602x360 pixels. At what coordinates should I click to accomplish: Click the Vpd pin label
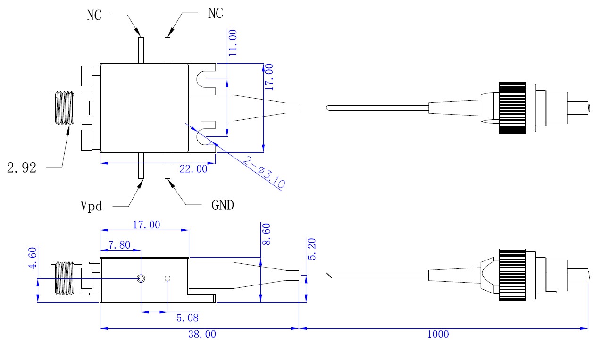pyautogui.click(x=91, y=206)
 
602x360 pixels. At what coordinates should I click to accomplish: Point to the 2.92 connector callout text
pyautogui.click(x=22, y=167)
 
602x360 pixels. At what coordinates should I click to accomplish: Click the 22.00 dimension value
pyautogui.click(x=193, y=169)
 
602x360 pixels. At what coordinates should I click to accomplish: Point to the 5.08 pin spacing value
pyautogui.click(x=188, y=318)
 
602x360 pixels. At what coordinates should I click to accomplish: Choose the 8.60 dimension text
pyautogui.click(x=267, y=234)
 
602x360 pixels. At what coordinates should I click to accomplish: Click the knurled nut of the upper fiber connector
pyautogui.click(x=512, y=108)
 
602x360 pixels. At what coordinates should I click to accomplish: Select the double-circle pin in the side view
pyautogui.click(x=141, y=278)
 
